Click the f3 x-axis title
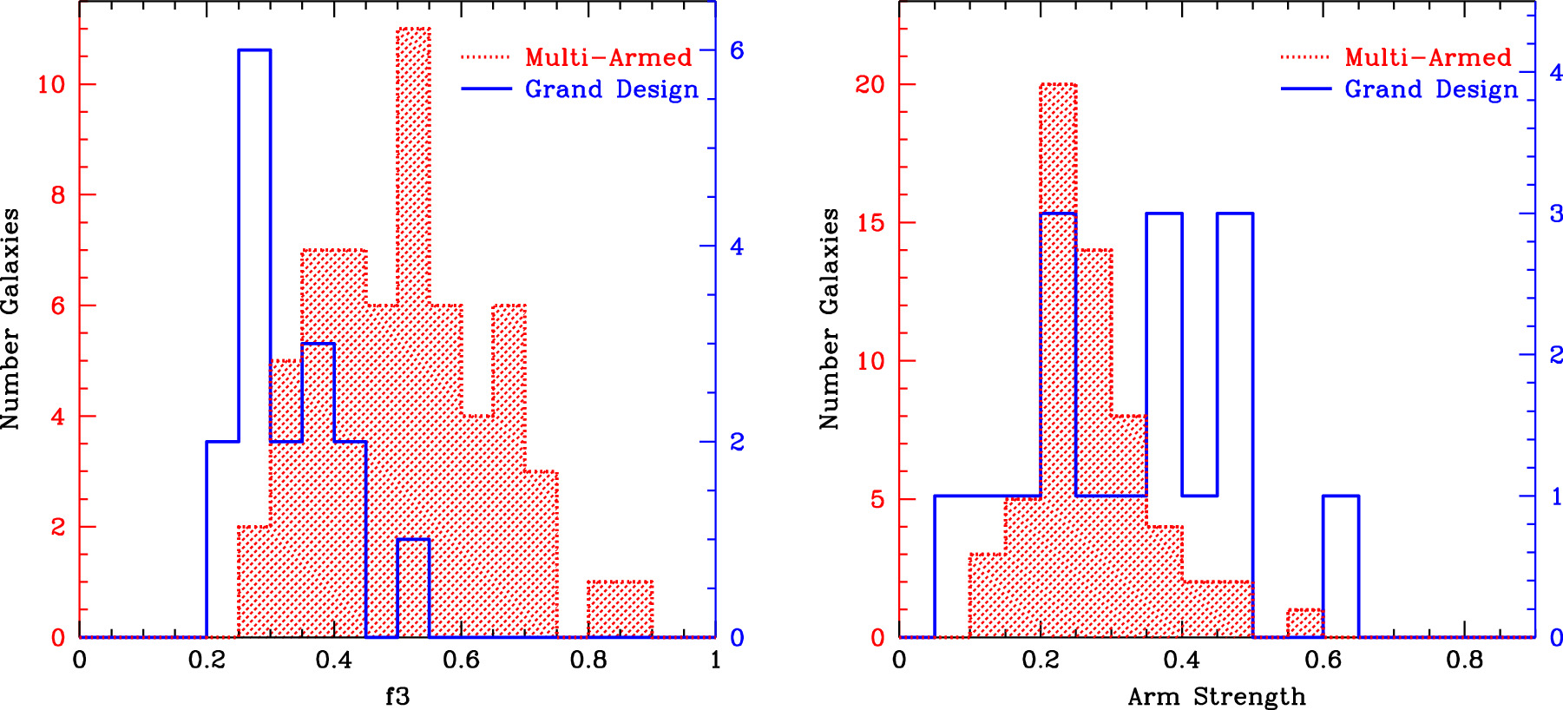pos(397,696)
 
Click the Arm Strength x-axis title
pos(1216,696)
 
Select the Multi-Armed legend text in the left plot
pos(608,57)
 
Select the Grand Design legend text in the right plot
pos(1431,89)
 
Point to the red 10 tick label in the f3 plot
pos(52,84)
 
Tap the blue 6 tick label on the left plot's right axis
pos(737,50)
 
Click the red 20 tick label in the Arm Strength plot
pos(870,84)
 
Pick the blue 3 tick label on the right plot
pos(1556,214)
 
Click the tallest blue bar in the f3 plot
pos(254,260)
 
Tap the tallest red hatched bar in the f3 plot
pos(413,260)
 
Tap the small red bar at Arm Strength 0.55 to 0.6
pos(1305,623)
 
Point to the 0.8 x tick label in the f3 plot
pos(588,661)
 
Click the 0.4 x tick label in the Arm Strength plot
pos(1181,661)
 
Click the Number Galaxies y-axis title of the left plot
pos(10,319)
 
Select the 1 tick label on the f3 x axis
pos(715,661)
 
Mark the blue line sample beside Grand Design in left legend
pos(486,89)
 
